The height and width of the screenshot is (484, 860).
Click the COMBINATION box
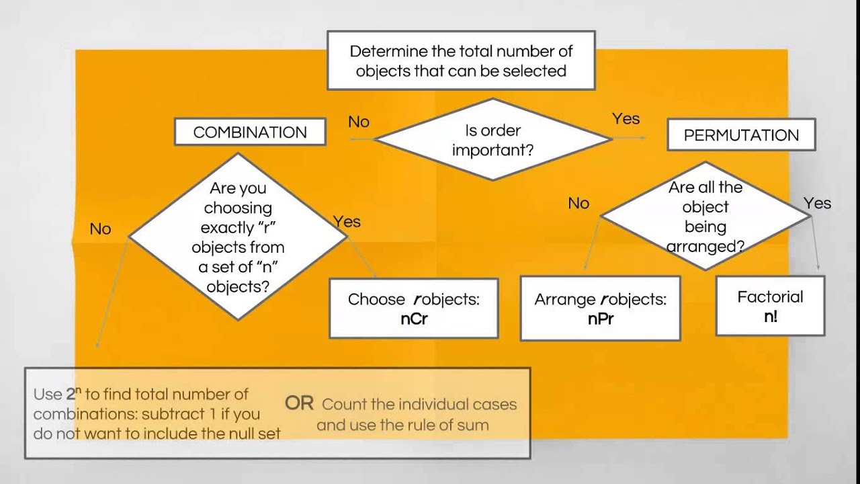(x=250, y=132)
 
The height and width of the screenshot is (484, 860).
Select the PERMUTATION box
(x=741, y=134)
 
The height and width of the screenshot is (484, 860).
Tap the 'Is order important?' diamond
(x=493, y=139)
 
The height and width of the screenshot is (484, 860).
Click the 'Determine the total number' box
(x=461, y=61)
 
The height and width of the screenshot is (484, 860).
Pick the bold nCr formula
(x=414, y=319)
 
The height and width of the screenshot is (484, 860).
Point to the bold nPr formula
(x=601, y=319)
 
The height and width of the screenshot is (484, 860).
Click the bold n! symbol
(x=771, y=317)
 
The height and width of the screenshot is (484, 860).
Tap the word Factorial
(x=770, y=297)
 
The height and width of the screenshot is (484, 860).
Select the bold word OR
(x=299, y=403)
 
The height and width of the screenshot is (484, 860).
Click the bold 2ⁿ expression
(x=74, y=393)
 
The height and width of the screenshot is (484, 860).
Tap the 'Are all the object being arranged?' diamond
(x=705, y=216)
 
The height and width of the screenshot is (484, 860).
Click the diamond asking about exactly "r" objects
(x=238, y=237)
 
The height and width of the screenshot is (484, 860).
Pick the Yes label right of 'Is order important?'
(x=626, y=119)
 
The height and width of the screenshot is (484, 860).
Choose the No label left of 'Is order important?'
(x=359, y=122)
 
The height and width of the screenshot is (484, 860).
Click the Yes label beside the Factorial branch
(x=818, y=203)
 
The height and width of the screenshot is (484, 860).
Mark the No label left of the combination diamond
(x=100, y=229)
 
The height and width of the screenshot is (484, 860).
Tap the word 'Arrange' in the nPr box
(x=564, y=300)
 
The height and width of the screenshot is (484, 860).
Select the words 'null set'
(x=255, y=434)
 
